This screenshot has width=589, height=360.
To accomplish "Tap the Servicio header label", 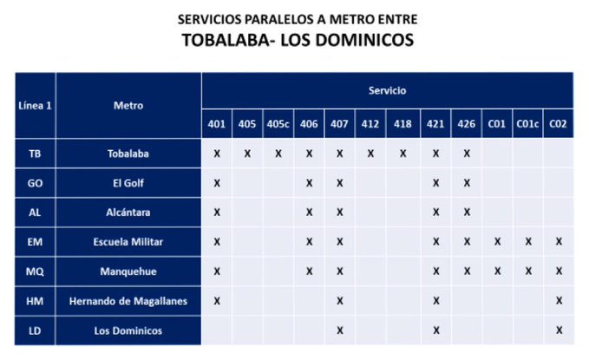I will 386,90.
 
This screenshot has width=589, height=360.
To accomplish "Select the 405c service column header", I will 278,124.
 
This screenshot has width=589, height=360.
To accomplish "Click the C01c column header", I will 527,124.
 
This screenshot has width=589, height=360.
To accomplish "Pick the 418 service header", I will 402,124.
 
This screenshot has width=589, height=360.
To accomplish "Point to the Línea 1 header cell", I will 36,106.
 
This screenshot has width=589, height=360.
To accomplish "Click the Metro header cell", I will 128,106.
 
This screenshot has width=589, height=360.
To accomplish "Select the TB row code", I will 35,154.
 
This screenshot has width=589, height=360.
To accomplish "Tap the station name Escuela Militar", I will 128,241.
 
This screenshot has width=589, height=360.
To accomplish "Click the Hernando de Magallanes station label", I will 128,300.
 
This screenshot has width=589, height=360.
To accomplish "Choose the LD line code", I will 35,330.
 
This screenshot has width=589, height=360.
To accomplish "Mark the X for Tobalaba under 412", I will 370,154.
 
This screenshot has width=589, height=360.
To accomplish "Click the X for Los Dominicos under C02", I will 559,330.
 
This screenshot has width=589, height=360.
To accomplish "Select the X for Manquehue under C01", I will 496,271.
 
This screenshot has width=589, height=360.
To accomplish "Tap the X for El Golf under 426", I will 466,183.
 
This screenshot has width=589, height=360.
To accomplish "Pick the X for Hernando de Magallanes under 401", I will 217,300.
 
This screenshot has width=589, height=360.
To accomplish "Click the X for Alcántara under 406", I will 309,213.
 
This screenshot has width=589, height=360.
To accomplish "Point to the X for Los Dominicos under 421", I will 435,330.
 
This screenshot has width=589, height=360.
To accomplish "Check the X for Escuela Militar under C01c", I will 527,241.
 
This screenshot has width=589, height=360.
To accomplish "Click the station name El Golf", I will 128,183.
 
